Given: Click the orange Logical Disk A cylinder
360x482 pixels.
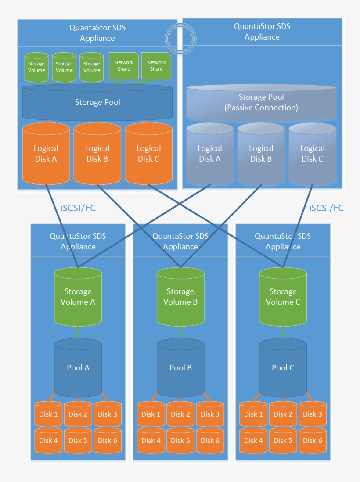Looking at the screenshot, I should click(x=46, y=154).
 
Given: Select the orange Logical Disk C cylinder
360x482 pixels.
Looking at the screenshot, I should click(x=148, y=154).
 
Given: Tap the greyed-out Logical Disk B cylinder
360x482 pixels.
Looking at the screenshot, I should click(x=261, y=154).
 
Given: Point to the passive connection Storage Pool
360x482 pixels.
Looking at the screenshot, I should click(x=261, y=102).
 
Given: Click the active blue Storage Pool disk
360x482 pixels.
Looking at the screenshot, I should click(x=97, y=102).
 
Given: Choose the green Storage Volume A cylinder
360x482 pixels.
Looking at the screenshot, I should click(x=78, y=297).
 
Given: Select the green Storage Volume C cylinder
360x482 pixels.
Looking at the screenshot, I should click(x=283, y=297).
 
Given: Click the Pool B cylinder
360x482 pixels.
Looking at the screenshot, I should click(x=180, y=368).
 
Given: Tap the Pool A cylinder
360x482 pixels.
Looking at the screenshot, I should click(x=78, y=368).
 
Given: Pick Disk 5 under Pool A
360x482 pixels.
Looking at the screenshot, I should click(x=78, y=440).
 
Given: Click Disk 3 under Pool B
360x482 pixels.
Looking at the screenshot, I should click(x=210, y=414).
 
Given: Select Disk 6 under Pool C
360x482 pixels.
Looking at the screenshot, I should click(x=313, y=440).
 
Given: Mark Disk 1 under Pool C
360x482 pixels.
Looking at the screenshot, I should click(x=253, y=414).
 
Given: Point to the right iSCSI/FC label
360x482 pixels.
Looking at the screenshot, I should click(x=326, y=208).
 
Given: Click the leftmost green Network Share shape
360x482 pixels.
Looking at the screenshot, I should click(x=124, y=66).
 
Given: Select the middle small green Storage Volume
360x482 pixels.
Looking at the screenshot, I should click(x=64, y=67).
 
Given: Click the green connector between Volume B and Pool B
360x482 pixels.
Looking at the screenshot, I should click(x=180, y=332).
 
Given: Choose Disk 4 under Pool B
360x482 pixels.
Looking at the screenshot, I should click(x=151, y=440).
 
